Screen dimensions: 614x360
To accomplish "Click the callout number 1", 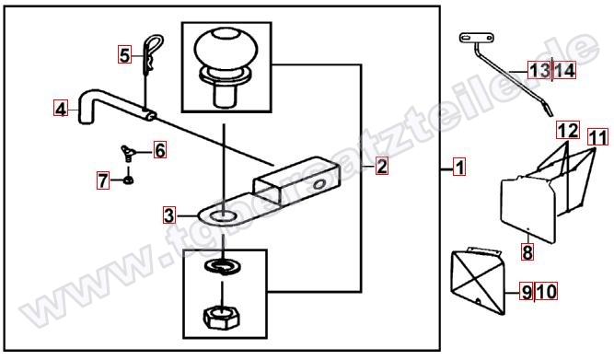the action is [x=459, y=167].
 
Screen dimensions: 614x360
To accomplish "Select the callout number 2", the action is [x=381, y=166].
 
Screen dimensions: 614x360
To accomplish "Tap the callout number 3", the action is [x=169, y=215].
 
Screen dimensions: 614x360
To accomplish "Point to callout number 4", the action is [x=61, y=109].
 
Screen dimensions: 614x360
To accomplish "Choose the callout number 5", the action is [x=124, y=54].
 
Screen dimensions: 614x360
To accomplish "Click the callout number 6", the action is [x=160, y=150].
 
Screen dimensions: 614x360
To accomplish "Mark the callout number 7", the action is [x=103, y=180].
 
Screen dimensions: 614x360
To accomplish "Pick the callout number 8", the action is [x=527, y=252].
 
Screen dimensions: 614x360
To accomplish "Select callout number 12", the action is [x=568, y=130].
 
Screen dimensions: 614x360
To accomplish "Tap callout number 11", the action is [x=598, y=137].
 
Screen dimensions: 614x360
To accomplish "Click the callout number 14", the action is [x=564, y=71].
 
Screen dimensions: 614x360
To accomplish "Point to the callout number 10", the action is [x=547, y=292].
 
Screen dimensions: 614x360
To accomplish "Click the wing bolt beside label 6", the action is [x=129, y=153].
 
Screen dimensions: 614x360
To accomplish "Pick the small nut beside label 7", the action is [x=128, y=180].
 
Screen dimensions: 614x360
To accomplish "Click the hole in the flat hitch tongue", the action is [x=221, y=215].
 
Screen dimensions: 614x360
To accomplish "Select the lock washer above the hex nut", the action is [x=223, y=266].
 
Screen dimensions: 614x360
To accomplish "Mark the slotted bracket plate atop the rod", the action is [x=476, y=38].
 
